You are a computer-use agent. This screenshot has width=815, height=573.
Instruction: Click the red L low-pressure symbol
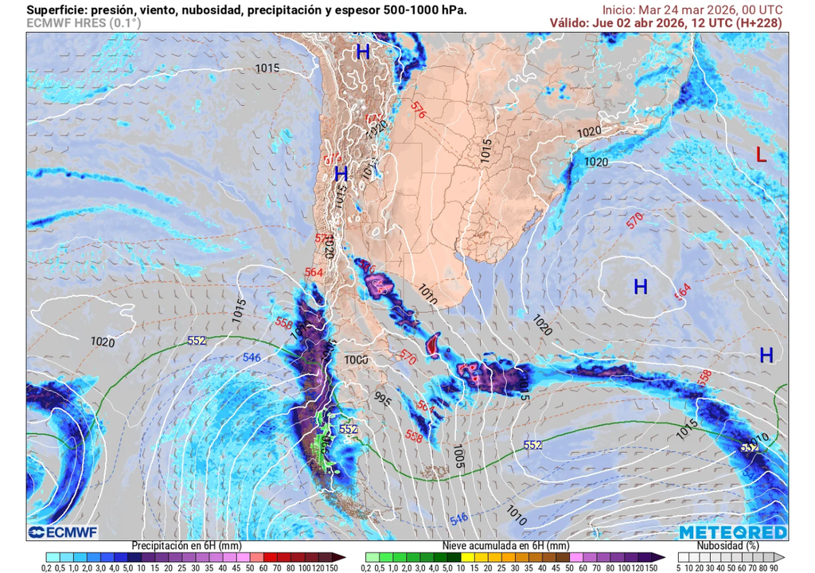[761, 155]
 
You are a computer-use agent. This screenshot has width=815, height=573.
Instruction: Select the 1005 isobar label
[457, 457]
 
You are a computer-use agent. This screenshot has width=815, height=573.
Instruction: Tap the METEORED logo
[733, 532]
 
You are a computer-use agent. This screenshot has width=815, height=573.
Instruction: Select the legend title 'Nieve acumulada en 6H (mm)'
[505, 546]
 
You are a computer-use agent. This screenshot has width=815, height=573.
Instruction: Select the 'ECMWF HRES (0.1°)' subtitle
[84, 24]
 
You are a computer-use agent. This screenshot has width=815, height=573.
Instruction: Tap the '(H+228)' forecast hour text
[756, 23]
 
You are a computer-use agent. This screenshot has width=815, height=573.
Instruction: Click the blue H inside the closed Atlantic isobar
[640, 286]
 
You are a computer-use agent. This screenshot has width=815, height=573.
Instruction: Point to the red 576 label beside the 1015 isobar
[419, 111]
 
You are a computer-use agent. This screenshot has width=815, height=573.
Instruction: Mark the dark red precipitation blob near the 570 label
[433, 345]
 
